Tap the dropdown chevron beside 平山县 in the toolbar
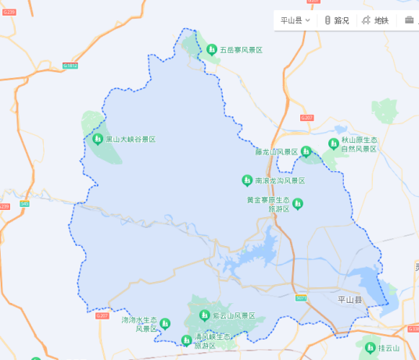coord(308,20)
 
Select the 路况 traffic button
coord(337,20)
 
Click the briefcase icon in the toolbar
coord(409,20)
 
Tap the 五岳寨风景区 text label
coord(240,50)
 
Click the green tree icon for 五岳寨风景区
coord(211,50)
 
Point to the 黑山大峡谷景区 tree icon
coord(97,140)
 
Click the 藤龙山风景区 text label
coord(276,151)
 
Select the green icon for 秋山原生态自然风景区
coord(334,144)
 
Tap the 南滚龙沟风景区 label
coord(280,180)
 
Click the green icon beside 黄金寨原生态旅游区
coord(297,204)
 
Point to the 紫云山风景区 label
coord(234,315)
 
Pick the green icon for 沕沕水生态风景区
coord(165,322)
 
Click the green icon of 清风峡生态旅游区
coord(186,340)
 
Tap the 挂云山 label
coord(389,348)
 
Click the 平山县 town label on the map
coord(349,299)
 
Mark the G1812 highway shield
coord(70,66)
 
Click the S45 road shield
coord(24,204)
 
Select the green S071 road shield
coord(301,298)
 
